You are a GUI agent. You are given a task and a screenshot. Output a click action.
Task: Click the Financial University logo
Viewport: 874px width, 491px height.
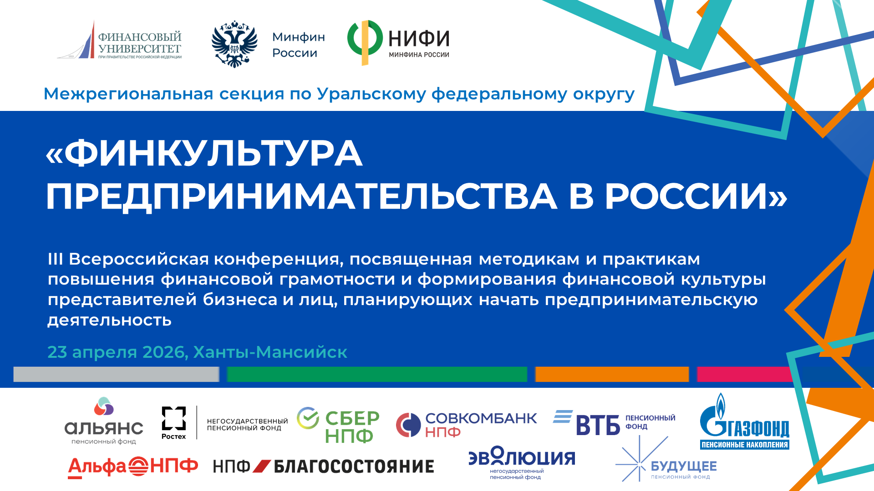point(119,40)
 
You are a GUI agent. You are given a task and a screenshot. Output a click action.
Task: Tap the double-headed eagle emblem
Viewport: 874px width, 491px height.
point(234,44)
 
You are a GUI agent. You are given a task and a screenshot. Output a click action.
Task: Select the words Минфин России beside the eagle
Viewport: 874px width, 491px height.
point(299,45)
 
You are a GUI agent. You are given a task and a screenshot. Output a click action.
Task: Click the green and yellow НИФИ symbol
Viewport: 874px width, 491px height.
point(365,42)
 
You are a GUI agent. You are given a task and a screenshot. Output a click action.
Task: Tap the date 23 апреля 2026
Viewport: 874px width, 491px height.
point(117,352)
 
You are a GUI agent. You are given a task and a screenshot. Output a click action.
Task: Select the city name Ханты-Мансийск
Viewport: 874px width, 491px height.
point(270,352)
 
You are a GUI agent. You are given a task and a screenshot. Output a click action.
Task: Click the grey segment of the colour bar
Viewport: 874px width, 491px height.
point(117,374)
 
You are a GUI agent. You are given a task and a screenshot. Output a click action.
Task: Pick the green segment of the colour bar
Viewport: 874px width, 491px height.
point(377,374)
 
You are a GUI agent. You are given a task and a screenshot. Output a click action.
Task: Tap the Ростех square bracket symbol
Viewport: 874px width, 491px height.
point(174,418)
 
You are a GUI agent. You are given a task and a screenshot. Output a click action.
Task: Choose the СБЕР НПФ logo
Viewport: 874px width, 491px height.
point(338,425)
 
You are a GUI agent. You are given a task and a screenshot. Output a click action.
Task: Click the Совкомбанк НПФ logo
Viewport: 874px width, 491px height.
point(467,425)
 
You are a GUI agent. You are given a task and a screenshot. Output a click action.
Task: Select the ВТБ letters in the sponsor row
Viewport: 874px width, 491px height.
point(598,426)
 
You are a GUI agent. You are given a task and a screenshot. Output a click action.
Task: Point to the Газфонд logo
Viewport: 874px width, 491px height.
point(744,421)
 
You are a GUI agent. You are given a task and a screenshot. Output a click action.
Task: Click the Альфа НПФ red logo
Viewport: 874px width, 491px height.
point(133,467)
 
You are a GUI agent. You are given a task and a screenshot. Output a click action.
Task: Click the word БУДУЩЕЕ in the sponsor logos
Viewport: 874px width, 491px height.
point(684,466)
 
